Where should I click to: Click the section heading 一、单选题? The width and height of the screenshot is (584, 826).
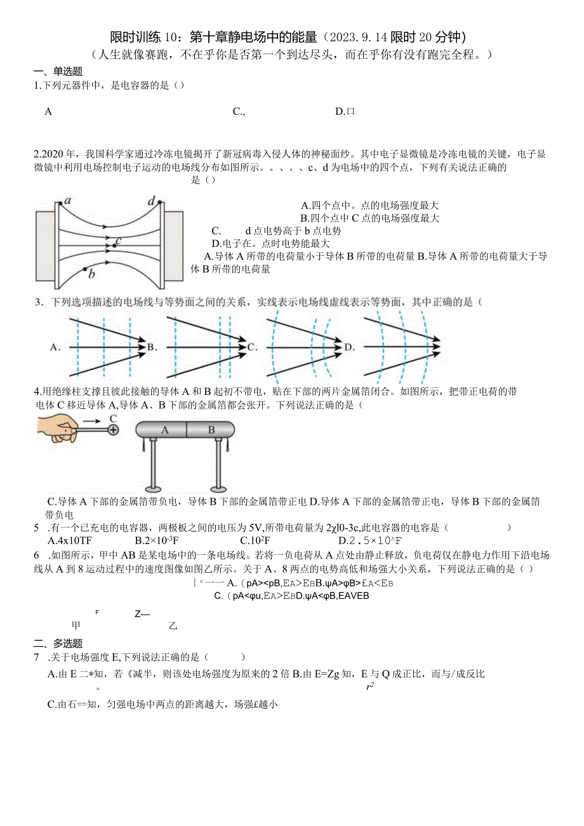click(x=58, y=72)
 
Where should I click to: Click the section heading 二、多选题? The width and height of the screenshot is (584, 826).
click(x=58, y=643)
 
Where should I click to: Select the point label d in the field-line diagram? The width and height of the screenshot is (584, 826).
click(x=151, y=202)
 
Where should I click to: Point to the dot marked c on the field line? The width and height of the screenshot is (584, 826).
click(x=113, y=244)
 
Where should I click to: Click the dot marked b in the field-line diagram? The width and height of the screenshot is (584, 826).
click(x=86, y=269)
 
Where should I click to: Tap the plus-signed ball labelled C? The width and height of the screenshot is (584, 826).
click(x=113, y=430)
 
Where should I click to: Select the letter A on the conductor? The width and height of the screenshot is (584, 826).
click(x=164, y=430)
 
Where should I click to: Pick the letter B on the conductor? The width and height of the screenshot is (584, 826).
click(x=211, y=430)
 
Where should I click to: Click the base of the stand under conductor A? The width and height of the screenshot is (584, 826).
click(x=153, y=488)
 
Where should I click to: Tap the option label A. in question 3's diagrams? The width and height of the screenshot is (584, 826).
click(x=55, y=347)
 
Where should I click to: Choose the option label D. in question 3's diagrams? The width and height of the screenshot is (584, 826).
click(x=349, y=347)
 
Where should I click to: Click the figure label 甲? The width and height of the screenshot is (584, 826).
click(x=76, y=625)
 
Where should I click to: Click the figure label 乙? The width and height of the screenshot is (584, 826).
click(x=172, y=625)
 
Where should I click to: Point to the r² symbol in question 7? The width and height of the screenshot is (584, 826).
click(x=370, y=686)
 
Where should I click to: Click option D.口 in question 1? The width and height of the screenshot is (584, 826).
click(x=345, y=112)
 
